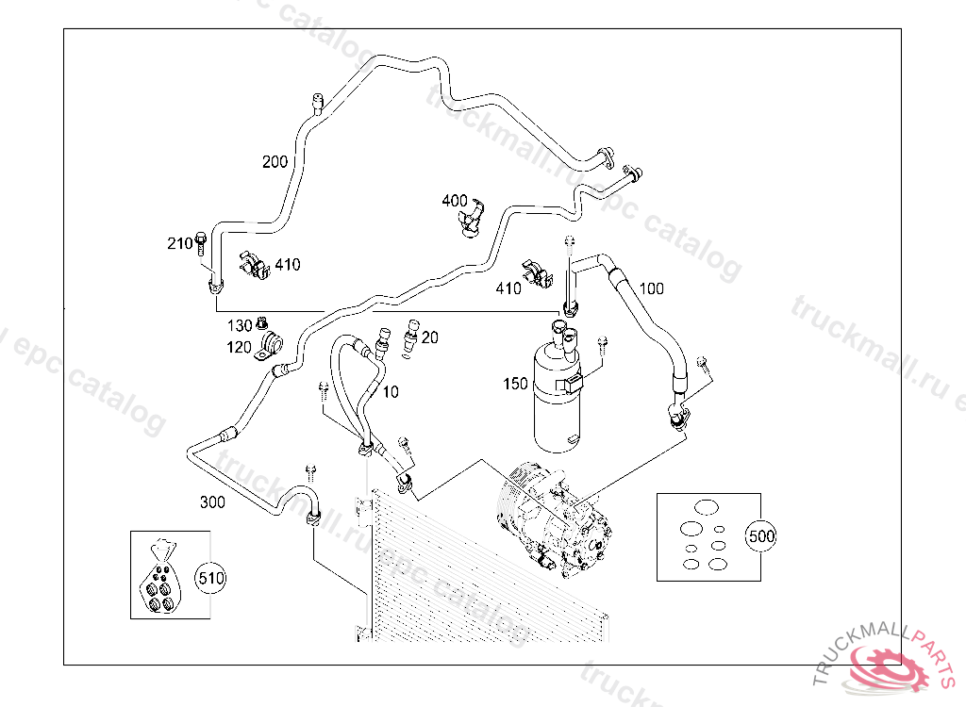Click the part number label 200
[275, 162]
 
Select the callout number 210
[179, 244]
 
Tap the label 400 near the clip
[454, 201]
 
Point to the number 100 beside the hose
[651, 288]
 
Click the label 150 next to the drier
[515, 384]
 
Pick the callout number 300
[212, 502]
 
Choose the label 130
[240, 325]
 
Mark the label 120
[239, 347]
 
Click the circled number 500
[760, 536]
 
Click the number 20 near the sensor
[430, 337]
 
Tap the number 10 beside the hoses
[390, 391]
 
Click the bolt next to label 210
[201, 243]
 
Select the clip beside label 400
[471, 216]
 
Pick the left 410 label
[287, 265]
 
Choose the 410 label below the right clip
[508, 288]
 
